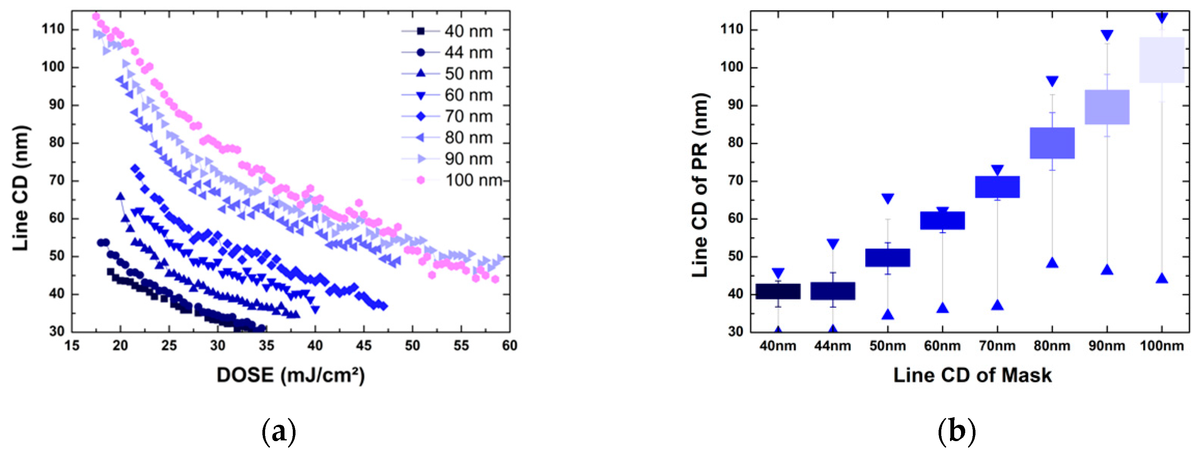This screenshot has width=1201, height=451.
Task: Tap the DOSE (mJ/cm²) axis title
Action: (291, 375)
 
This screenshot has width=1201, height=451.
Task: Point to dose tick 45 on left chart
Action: (364, 346)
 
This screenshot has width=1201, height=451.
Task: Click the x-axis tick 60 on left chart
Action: (510, 346)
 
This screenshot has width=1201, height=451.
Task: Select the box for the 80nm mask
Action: (1052, 143)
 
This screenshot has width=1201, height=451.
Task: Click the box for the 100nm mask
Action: (1161, 60)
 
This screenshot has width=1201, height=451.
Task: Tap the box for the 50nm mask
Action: (887, 258)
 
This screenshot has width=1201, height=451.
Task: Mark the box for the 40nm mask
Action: (778, 291)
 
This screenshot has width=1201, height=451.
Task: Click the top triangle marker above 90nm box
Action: (1107, 35)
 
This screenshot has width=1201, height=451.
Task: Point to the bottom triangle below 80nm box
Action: (1052, 263)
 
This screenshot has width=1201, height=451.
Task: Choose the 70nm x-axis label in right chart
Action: (997, 346)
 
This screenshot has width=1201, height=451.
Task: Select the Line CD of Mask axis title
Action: (972, 375)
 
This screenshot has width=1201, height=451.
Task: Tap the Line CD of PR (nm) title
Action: (700, 185)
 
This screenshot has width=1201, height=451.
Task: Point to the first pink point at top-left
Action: (96, 16)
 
